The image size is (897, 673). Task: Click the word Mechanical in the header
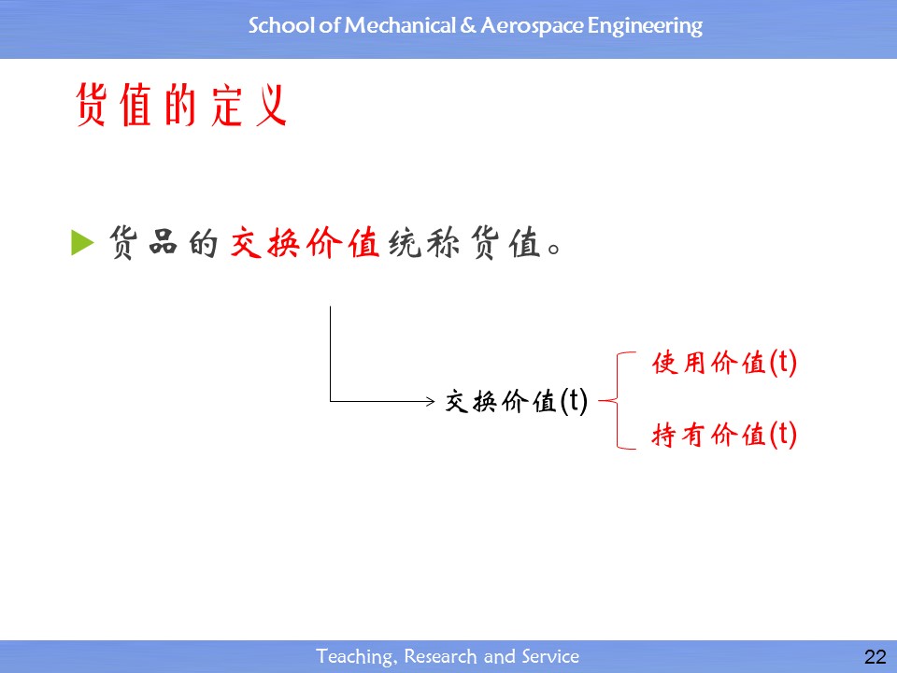[400, 26]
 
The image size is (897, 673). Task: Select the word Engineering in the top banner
[645, 27]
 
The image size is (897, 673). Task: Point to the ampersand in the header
[468, 26]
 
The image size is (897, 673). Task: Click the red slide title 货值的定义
[180, 105]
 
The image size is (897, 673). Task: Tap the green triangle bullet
[82, 242]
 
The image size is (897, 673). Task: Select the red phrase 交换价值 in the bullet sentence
[305, 243]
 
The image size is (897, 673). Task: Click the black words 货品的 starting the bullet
[163, 243]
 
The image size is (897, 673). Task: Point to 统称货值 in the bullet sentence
[464, 243]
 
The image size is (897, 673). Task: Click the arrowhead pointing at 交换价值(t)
[432, 401]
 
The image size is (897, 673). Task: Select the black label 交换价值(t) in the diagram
[517, 401]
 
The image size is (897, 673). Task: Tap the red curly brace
[618, 401]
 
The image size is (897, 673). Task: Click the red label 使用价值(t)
[724, 363]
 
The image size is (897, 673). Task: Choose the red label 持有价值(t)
[724, 435]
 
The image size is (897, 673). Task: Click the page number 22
[876, 656]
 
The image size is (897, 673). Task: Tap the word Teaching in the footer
[355, 656]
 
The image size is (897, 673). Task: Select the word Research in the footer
[440, 656]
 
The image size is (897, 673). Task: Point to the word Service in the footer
[550, 656]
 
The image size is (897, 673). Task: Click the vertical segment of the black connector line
[330, 353]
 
